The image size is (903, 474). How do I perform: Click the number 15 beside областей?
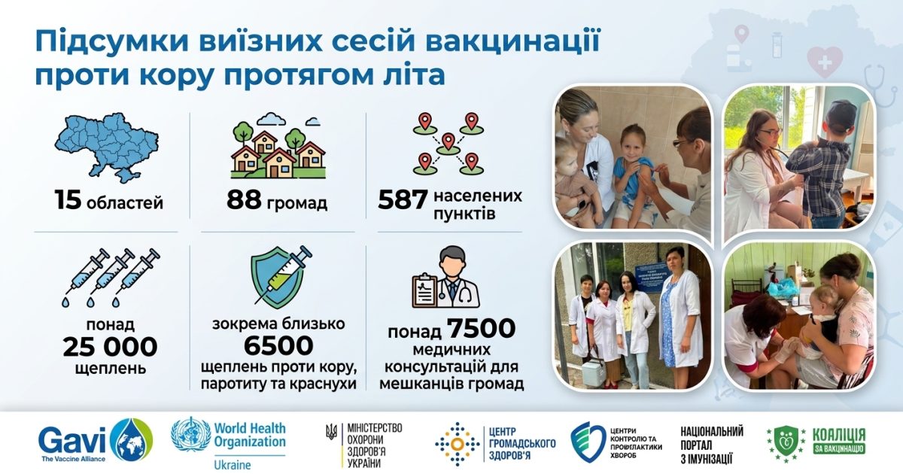pyautogui.click(x=68, y=199)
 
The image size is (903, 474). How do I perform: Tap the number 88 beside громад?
pyautogui.click(x=244, y=199)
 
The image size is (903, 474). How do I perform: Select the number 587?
pyautogui.click(x=402, y=199)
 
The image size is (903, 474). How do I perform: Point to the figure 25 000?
pyautogui.click(x=110, y=347)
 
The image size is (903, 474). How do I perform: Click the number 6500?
pyautogui.click(x=278, y=345)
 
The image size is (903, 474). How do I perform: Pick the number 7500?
pyautogui.click(x=481, y=329)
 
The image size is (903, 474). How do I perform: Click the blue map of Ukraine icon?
pyautogui.click(x=106, y=147)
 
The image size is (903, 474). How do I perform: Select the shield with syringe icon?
pyautogui.click(x=281, y=278)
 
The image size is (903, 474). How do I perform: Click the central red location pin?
pyautogui.click(x=448, y=142)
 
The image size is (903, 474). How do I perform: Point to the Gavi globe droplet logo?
pyautogui.click(x=132, y=440)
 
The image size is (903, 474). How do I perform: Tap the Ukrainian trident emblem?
pyautogui.click(x=331, y=432)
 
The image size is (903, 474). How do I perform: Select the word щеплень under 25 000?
pyautogui.click(x=110, y=369)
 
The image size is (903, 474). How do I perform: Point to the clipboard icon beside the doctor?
pyautogui.click(x=425, y=290)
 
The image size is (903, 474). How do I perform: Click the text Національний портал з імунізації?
pyautogui.click(x=712, y=445)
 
